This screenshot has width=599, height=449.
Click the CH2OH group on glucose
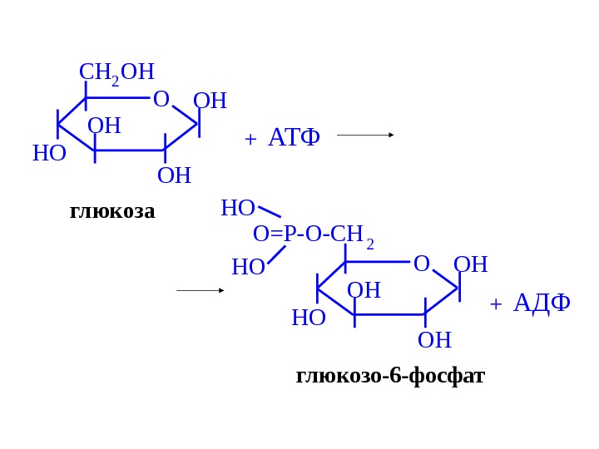point(116,72)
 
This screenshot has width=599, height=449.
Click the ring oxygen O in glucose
point(161,100)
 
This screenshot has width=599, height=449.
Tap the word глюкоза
point(112,211)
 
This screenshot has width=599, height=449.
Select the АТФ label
point(294,138)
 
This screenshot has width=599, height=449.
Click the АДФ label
point(542,303)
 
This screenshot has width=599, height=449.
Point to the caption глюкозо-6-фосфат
point(390,376)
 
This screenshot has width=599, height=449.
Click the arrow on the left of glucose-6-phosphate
point(200,290)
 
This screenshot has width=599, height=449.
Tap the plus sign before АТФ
point(250,140)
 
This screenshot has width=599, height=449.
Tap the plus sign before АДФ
point(496,304)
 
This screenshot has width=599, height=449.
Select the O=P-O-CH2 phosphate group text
point(313,235)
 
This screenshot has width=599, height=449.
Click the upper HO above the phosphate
point(237,208)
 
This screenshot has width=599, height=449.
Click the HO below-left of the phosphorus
point(248,267)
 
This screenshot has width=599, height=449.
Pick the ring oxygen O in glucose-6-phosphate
point(421,264)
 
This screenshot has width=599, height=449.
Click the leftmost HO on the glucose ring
point(49,154)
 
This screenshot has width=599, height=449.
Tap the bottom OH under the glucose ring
point(174,175)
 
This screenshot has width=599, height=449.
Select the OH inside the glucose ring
point(104,126)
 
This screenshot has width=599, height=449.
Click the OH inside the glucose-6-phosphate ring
point(364,290)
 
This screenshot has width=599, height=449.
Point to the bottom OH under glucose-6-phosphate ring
point(434,340)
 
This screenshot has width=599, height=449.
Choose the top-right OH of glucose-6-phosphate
point(470,265)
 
